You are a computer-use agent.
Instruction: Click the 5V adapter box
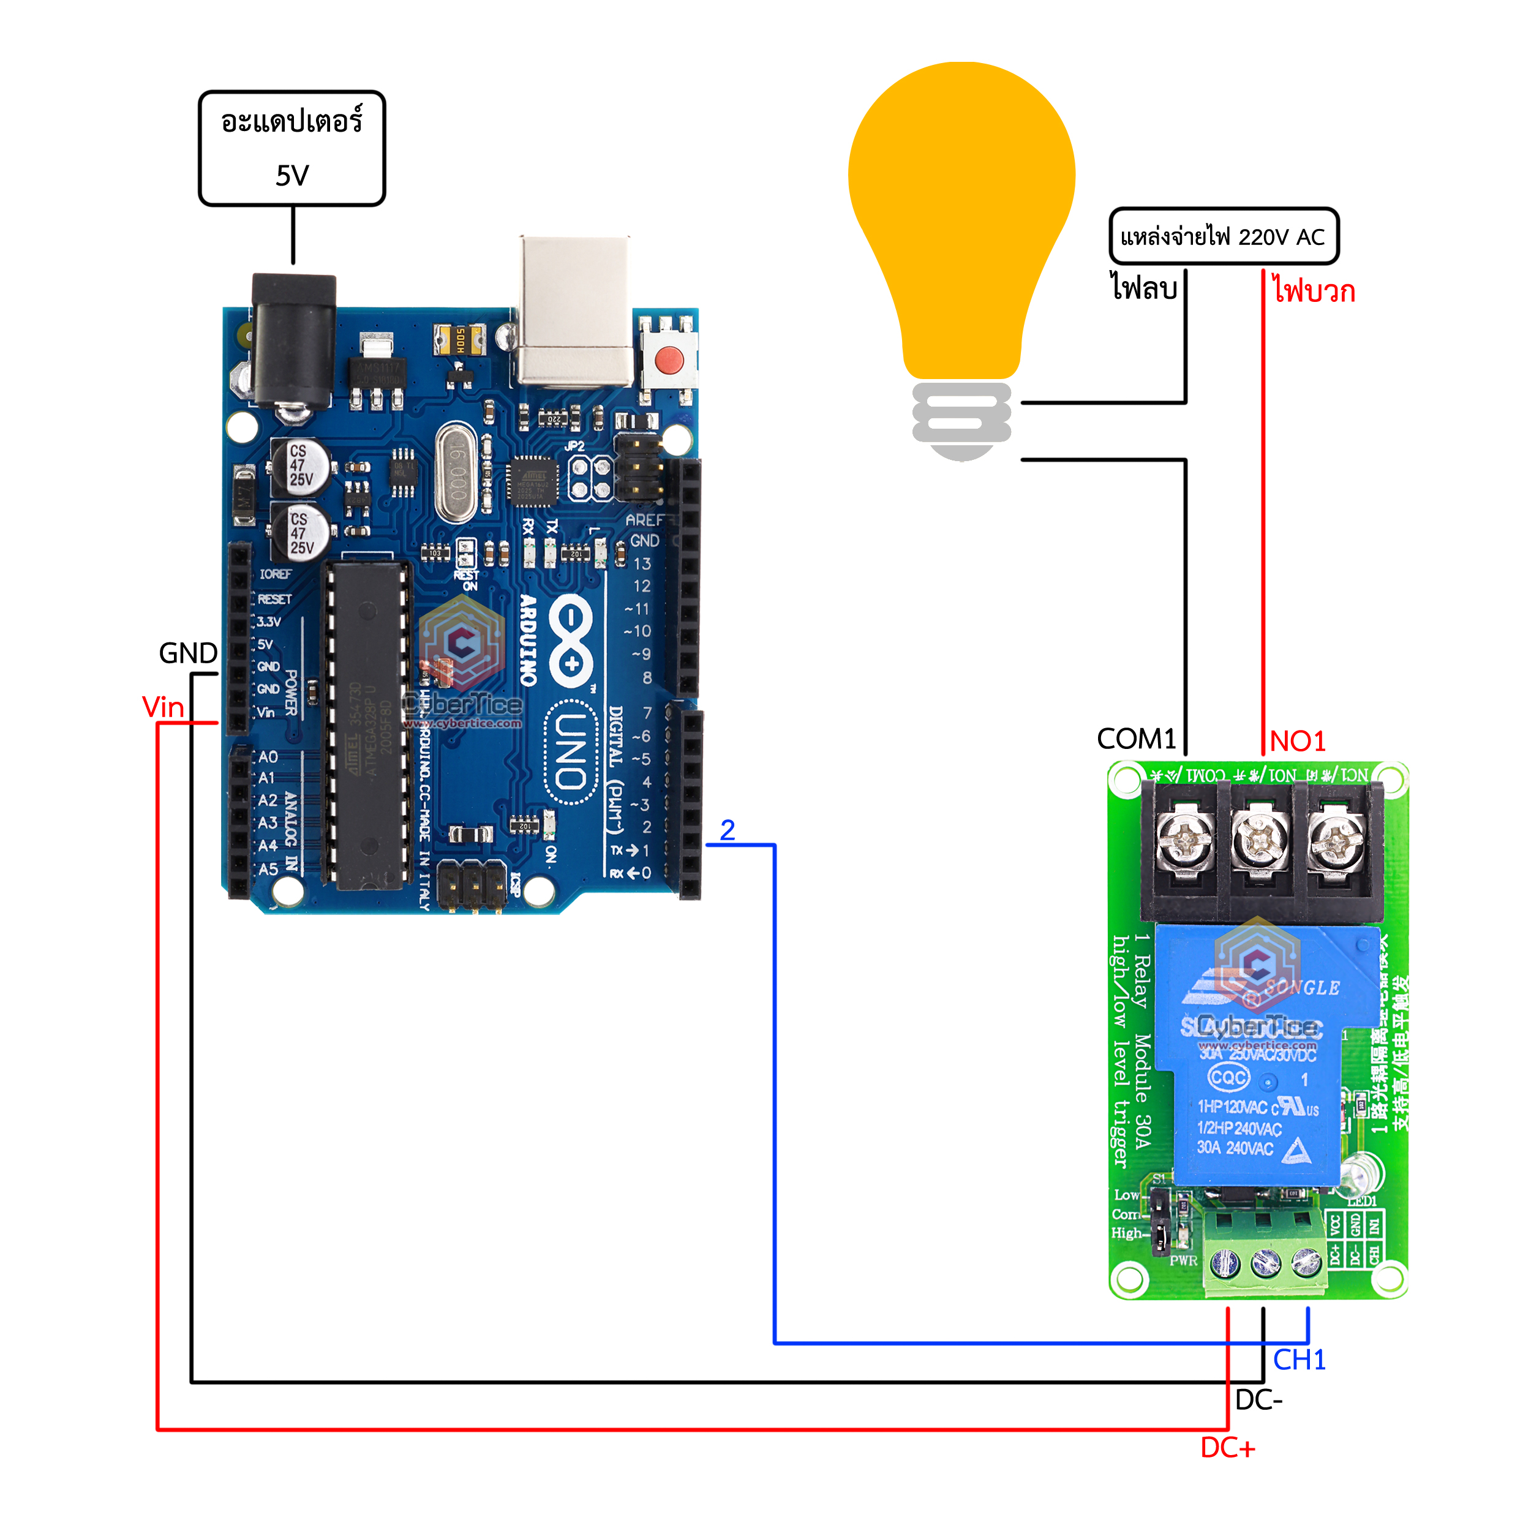(x=292, y=148)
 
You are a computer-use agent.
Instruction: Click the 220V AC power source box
(x=1223, y=236)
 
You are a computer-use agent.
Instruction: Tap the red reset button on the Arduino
(x=669, y=361)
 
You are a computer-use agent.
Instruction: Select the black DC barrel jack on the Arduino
(x=293, y=340)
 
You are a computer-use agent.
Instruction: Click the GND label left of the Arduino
(x=188, y=653)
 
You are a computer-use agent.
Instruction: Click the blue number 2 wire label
(x=728, y=830)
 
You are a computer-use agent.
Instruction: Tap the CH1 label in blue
(x=1299, y=1360)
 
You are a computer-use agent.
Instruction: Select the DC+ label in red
(x=1227, y=1448)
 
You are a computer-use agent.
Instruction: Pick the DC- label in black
(x=1258, y=1400)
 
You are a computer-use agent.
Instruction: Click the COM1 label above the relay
(x=1135, y=739)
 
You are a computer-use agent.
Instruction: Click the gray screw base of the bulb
(x=961, y=420)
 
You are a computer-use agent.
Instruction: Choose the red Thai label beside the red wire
(x=1314, y=291)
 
